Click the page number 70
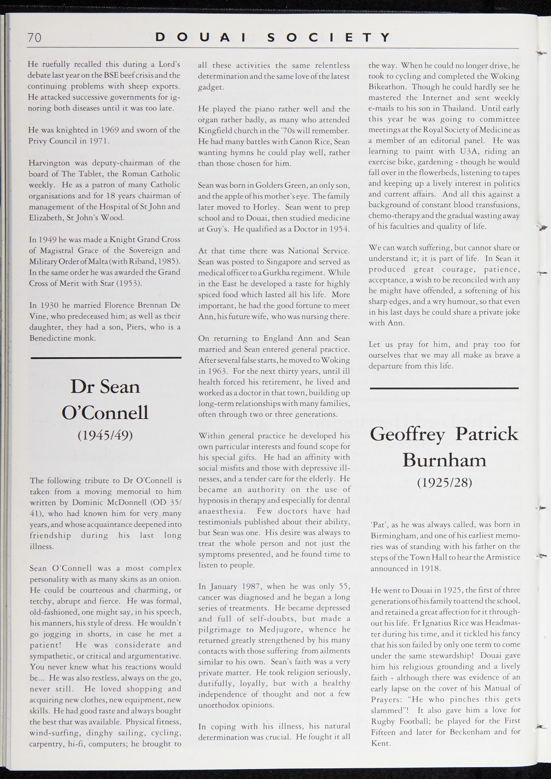[x=34, y=38]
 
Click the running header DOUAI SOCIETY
[x=273, y=37]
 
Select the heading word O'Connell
[x=105, y=412]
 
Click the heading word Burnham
[x=444, y=460]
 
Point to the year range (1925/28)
[x=444, y=482]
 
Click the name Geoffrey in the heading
[x=407, y=434]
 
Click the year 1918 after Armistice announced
[x=430, y=569]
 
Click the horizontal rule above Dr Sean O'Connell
[x=106, y=358]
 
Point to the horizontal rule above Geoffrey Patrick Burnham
[x=444, y=388]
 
